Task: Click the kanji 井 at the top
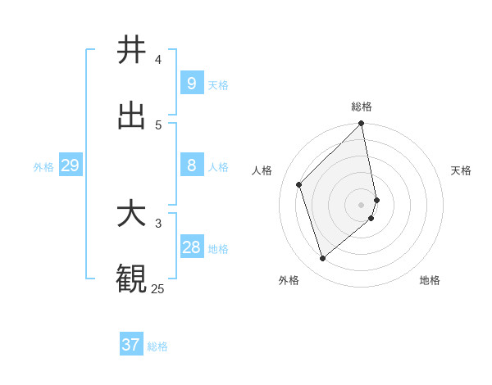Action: [131, 50]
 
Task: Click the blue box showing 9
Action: [191, 83]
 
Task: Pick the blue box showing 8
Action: [191, 165]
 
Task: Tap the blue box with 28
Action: [191, 247]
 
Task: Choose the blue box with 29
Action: [70, 165]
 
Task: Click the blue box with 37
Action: [131, 345]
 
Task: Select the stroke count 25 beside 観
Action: [157, 288]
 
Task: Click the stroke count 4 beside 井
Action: [158, 59]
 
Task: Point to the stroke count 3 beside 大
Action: [158, 223]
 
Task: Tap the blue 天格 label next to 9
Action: [218, 84]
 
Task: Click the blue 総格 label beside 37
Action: [157, 346]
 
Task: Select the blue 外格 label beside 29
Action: [43, 167]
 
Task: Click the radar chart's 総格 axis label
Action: [362, 106]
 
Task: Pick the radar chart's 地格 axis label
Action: [430, 280]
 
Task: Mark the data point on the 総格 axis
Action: [362, 125]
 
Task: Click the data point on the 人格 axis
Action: [299, 184]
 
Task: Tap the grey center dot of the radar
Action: [362, 204]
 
